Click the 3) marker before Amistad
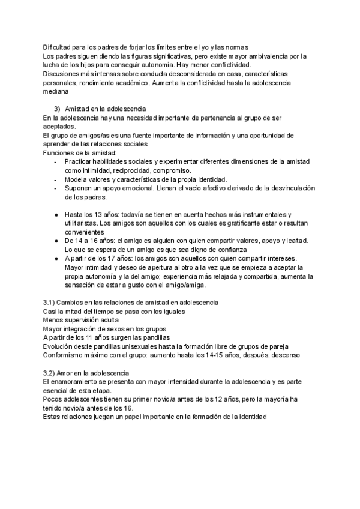pos(57,109)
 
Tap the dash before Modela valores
pos(56,180)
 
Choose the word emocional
pos(130,189)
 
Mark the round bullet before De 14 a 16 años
pos(56,240)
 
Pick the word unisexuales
pos(148,346)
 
